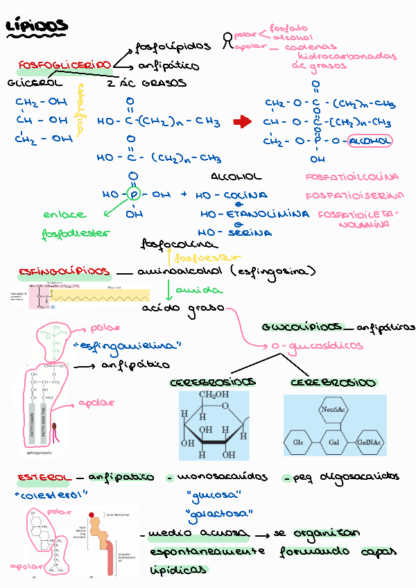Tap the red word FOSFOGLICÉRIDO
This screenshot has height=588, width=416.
point(64,65)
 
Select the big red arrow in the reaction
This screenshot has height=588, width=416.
point(242,122)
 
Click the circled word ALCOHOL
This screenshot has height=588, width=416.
point(370,141)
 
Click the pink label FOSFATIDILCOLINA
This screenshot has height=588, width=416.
point(352,178)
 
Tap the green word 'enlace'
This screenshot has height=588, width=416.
point(64,215)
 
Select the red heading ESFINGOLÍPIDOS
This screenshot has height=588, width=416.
point(64,270)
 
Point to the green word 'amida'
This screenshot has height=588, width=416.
point(189,290)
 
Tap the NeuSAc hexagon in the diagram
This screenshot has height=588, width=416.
point(333,410)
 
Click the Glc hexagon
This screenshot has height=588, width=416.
point(299,442)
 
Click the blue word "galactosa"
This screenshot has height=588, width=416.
point(220,514)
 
